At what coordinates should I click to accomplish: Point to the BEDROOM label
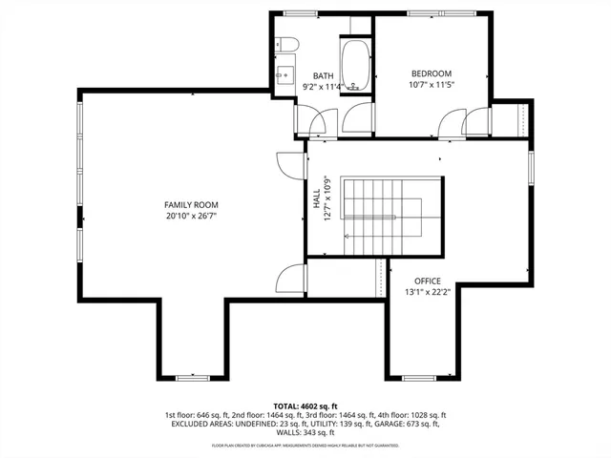tap(432, 73)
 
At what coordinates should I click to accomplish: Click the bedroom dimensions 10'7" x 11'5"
tap(432, 84)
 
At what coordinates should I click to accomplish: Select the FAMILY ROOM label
tap(191, 205)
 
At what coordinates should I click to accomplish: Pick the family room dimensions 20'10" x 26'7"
tap(191, 216)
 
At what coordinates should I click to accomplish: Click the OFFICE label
tap(427, 281)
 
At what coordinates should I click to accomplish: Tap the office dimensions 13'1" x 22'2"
tap(427, 291)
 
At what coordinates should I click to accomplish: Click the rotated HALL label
tap(316, 198)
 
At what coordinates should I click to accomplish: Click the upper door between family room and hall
tap(288, 164)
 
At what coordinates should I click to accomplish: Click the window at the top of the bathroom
tap(301, 13)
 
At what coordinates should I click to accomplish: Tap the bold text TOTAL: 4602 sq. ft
tap(305, 406)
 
